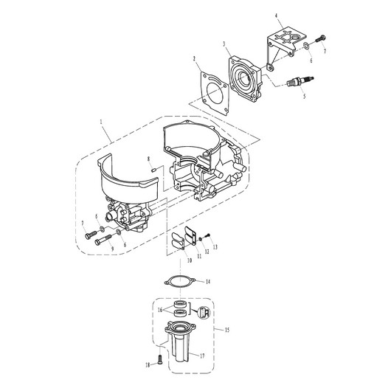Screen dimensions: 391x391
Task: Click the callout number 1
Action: [x=101, y=122]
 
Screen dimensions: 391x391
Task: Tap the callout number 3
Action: [x=224, y=44]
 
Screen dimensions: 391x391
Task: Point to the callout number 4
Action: [x=277, y=15]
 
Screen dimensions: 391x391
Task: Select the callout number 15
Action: [x=227, y=331]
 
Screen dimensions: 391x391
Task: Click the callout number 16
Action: [x=160, y=310]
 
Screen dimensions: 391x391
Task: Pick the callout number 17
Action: [x=202, y=356]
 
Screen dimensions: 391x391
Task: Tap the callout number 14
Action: [x=208, y=282]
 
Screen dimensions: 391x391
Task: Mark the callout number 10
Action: [x=190, y=260]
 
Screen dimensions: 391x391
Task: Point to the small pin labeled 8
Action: [x=154, y=170]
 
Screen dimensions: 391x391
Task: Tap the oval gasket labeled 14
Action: [x=180, y=283]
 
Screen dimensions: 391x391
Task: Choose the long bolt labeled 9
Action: [x=103, y=240]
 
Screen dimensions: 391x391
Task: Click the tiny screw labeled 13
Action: [x=207, y=235]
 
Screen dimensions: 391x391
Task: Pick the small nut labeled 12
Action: [x=200, y=240]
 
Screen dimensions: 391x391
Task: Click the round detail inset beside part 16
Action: [x=204, y=313]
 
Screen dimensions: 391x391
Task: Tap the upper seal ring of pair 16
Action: [x=179, y=305]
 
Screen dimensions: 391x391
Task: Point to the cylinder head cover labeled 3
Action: [x=246, y=80]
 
